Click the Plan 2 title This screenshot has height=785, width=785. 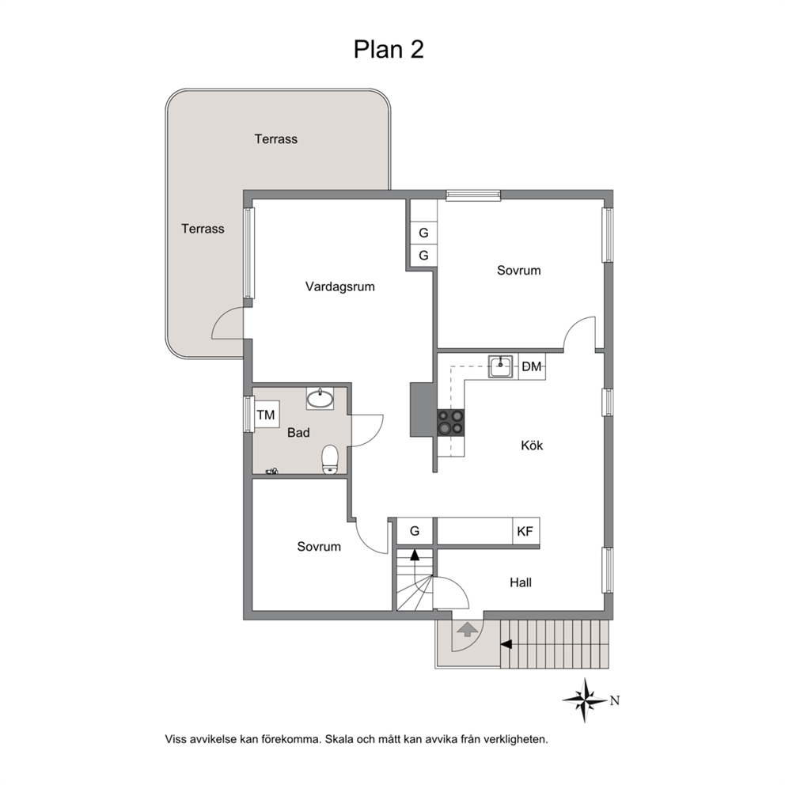click(389, 50)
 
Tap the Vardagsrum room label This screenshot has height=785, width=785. click(340, 287)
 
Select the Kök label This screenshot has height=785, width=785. click(532, 445)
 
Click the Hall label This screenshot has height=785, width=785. click(521, 582)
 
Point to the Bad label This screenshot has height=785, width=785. click(298, 433)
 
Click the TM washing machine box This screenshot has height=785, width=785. click(267, 415)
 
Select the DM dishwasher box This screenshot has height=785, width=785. click(532, 367)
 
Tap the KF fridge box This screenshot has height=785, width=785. click(525, 531)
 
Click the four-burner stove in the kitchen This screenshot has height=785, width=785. click(450, 422)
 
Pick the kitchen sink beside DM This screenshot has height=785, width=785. click(501, 366)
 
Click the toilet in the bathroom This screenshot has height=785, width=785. click(330, 459)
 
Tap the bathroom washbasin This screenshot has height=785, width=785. click(320, 399)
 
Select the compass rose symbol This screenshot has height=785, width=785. click(585, 700)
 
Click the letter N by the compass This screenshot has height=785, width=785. click(615, 701)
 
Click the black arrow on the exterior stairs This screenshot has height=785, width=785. click(506, 644)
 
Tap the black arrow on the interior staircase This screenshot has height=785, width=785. click(415, 555)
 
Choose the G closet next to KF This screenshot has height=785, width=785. click(415, 531)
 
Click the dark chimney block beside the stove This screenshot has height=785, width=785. click(422, 409)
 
